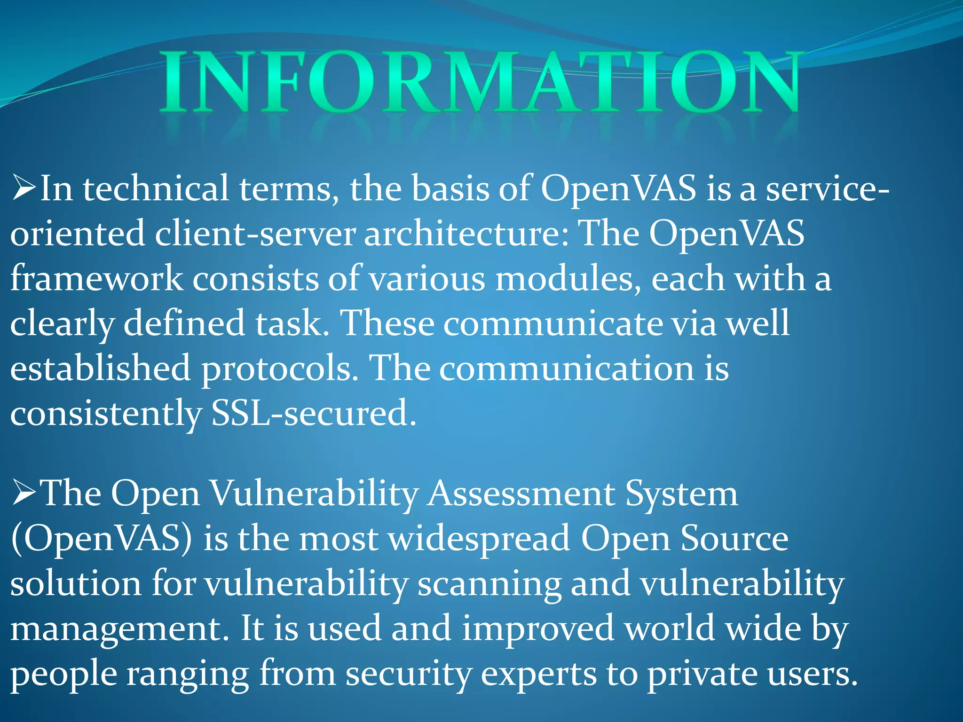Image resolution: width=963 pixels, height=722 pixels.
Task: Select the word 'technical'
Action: click(156, 188)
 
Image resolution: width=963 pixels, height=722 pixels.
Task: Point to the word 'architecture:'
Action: click(466, 234)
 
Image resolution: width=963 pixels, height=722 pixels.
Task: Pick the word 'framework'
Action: click(96, 279)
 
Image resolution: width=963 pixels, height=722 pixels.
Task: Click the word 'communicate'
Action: click(553, 324)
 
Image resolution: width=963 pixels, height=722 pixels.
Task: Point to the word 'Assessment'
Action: click(521, 494)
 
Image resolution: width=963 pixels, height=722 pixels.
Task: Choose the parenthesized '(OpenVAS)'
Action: click(101, 539)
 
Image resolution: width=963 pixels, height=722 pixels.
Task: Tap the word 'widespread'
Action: click(479, 539)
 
